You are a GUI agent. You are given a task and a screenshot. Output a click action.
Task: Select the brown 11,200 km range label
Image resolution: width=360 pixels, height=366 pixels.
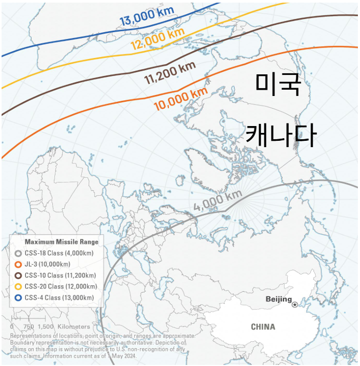[x=170, y=74]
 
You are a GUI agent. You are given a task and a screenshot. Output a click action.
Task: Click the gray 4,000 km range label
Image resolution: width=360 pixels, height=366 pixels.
[x=217, y=200]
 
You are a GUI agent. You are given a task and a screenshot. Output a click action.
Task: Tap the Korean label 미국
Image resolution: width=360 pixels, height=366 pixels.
[x=278, y=84]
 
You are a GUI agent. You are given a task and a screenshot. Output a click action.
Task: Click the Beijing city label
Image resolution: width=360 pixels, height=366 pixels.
[x=278, y=300]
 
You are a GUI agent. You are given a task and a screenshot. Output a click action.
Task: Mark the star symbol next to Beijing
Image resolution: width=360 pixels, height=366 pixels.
[x=295, y=304]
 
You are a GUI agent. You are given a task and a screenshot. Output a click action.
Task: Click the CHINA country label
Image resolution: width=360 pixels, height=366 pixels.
[x=262, y=327]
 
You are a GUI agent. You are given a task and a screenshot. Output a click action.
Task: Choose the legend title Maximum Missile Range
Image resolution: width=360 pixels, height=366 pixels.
[x=62, y=242]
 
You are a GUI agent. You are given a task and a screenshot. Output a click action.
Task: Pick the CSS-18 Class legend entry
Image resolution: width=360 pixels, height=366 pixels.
[x=54, y=253]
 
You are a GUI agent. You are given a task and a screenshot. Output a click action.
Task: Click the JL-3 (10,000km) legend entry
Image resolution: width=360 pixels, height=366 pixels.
[x=48, y=264]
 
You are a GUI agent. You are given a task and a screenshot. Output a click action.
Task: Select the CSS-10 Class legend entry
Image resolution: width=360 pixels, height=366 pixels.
[x=56, y=275]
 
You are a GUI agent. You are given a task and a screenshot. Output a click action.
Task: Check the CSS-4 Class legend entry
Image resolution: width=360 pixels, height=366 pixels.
[x=55, y=297]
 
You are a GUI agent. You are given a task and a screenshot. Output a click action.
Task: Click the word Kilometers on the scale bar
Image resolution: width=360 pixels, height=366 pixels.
[x=74, y=326]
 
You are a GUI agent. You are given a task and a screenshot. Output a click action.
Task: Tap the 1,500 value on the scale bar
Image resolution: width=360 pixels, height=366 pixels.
[x=45, y=326]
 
